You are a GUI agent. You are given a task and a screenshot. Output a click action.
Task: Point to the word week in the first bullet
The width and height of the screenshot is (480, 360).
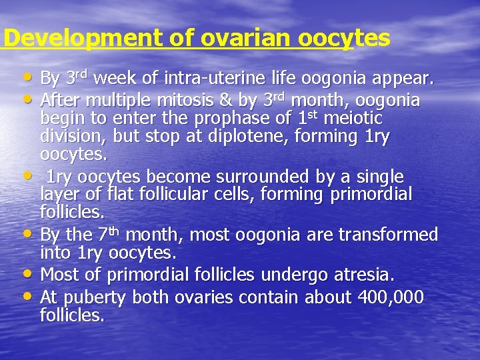115,79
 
